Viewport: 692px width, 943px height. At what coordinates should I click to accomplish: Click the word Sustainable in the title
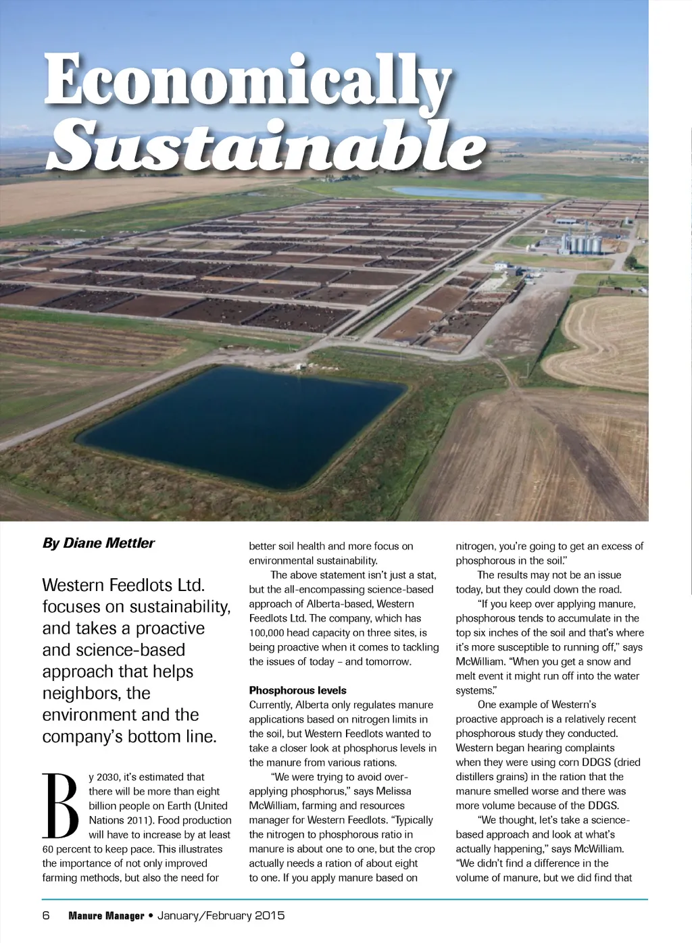(267, 145)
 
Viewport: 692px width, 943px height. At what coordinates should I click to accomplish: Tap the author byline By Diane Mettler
(99, 543)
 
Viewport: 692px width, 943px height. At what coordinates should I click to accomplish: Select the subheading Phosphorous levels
(297, 690)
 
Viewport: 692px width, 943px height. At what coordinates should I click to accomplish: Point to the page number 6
(46, 916)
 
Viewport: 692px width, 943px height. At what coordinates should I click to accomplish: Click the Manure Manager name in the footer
(106, 916)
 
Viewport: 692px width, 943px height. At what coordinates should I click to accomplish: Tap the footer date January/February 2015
(221, 916)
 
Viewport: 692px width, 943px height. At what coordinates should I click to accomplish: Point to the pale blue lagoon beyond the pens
(466, 193)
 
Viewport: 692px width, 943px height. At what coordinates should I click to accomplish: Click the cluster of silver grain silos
(582, 242)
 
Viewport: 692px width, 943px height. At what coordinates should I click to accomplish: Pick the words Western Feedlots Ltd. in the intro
(124, 585)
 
